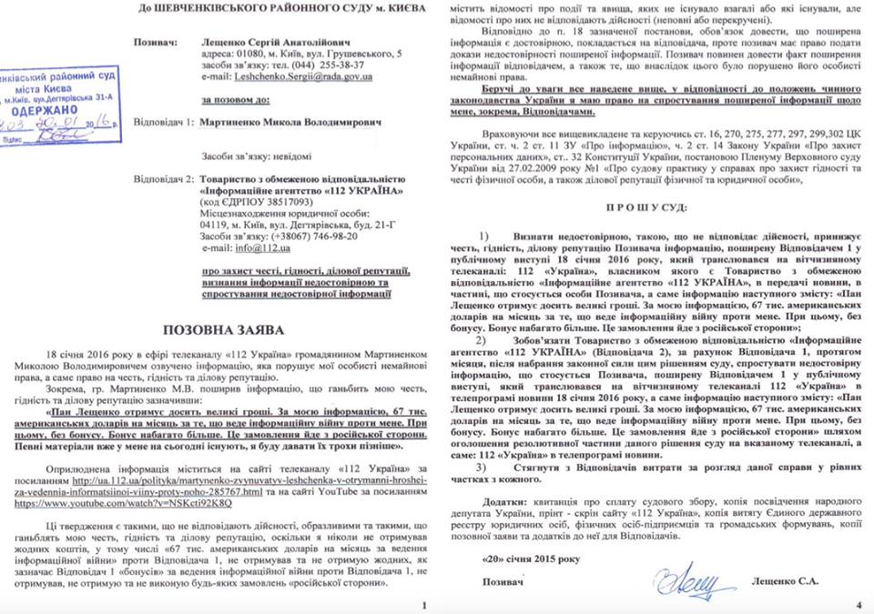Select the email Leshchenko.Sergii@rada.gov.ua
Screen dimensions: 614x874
(294, 79)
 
